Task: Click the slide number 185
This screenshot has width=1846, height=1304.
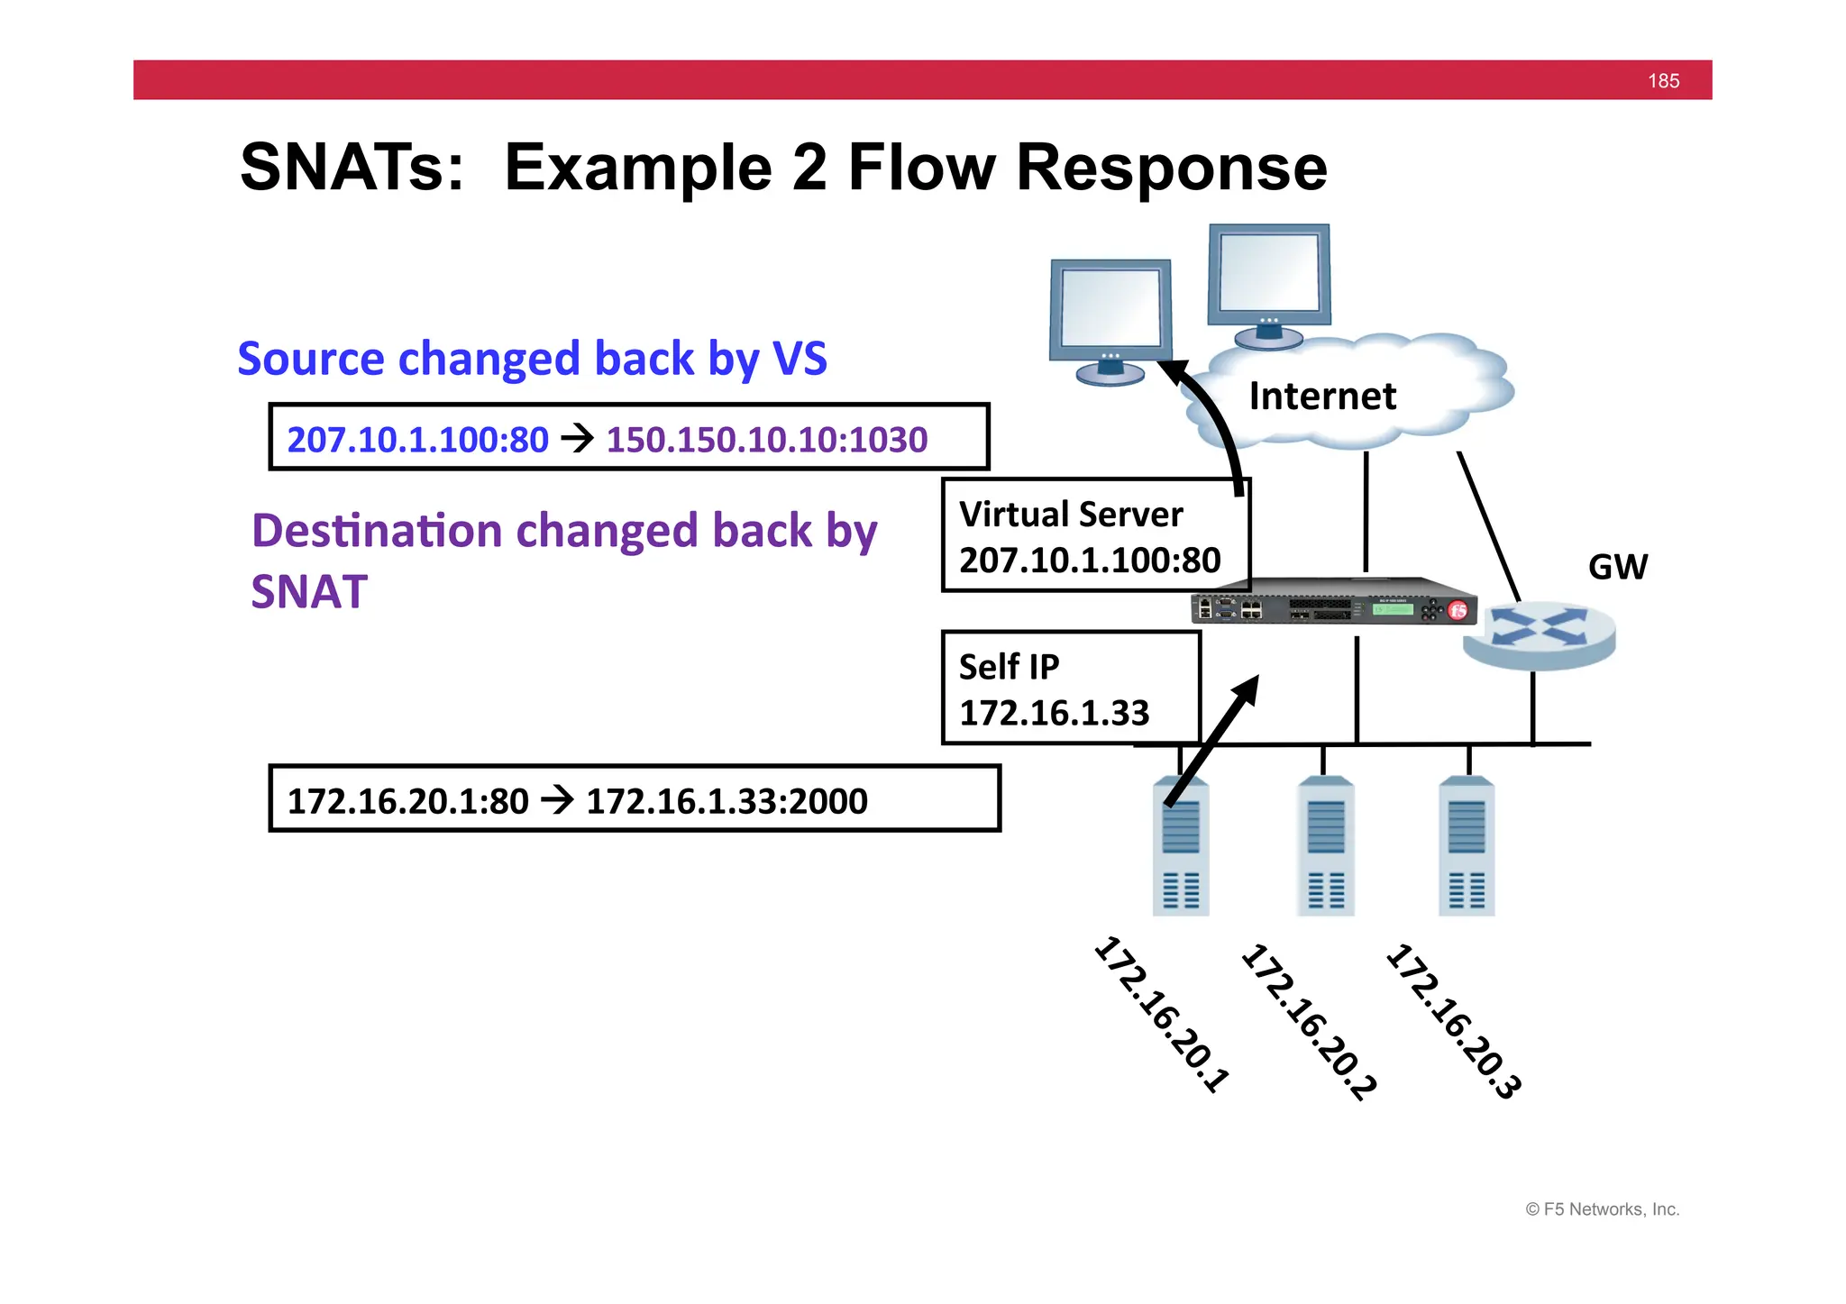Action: (x=1662, y=81)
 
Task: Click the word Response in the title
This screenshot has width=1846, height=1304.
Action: (x=1171, y=168)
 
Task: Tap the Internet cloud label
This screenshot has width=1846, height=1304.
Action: (x=1321, y=397)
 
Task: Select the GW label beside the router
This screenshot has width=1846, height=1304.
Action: (x=1617, y=567)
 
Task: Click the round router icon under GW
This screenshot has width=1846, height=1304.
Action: (x=1539, y=635)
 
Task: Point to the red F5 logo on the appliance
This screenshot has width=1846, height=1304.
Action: (x=1458, y=611)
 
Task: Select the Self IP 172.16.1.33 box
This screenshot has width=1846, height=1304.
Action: (x=1070, y=688)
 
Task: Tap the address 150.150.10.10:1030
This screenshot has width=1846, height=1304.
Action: (x=766, y=440)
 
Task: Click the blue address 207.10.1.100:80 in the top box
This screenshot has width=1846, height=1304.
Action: (x=417, y=440)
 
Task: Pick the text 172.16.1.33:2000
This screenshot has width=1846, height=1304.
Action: (x=727, y=801)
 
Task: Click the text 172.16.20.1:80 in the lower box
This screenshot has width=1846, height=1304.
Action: (x=407, y=801)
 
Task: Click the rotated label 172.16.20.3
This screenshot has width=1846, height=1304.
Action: (x=1453, y=1020)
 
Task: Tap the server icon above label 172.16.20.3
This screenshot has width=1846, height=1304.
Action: (x=1466, y=847)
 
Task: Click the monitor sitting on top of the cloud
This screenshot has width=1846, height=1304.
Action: (x=1269, y=284)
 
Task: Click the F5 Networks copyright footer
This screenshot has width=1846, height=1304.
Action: (x=1602, y=1209)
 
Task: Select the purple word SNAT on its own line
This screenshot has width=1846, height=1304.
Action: (x=309, y=592)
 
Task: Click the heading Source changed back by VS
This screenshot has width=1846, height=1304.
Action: (x=532, y=359)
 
